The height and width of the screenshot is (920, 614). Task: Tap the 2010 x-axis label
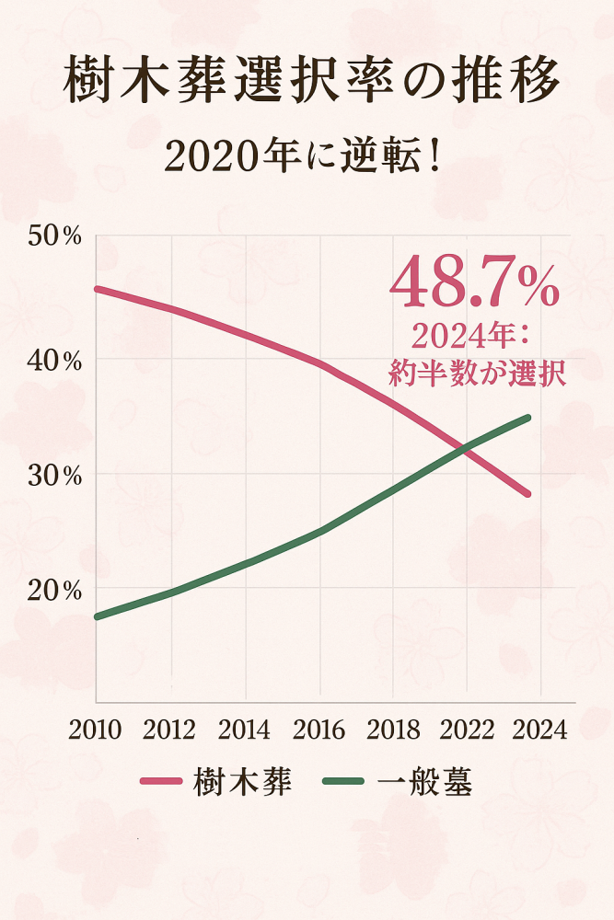(96, 730)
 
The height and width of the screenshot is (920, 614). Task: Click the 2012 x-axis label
(170, 730)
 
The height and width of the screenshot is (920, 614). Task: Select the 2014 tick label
(245, 730)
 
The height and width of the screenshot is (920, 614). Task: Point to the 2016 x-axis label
(319, 730)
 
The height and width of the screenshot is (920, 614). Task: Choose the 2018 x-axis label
(393, 730)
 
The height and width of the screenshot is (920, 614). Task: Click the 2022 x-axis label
(468, 730)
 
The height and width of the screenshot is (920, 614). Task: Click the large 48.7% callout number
(475, 286)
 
